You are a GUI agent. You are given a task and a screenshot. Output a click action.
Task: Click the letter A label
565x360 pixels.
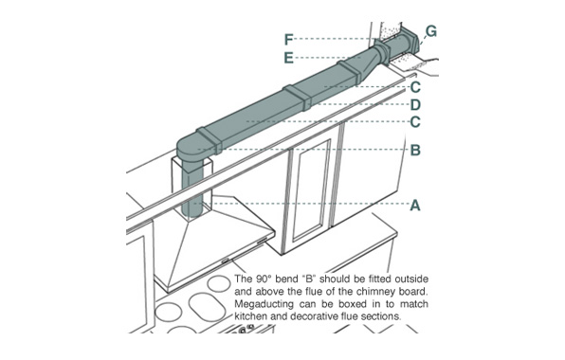pos(415,206)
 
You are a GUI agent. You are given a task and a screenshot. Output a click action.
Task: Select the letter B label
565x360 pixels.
pos(415,150)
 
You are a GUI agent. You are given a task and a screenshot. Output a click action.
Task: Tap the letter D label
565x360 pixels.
pos(415,105)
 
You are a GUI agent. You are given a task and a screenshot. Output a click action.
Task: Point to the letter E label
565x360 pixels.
pos(288,58)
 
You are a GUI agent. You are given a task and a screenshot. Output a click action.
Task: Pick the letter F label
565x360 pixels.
pos(288,39)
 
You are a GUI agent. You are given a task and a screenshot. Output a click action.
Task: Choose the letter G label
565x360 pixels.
pos(430,31)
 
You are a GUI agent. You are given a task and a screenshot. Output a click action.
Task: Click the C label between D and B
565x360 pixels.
pos(415,121)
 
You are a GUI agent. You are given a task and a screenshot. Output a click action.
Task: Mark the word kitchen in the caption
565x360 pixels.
pos(251,316)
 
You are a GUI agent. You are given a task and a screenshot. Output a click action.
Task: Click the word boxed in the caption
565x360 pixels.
pos(351,304)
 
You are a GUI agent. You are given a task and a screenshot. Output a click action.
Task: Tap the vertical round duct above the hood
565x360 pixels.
pos(192,189)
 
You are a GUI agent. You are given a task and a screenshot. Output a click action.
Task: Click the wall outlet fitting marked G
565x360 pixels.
pos(410,41)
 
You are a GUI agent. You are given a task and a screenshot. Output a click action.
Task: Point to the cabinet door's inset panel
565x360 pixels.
pos(312,190)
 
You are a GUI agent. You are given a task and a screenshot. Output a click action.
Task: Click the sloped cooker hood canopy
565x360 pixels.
pos(212,244)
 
